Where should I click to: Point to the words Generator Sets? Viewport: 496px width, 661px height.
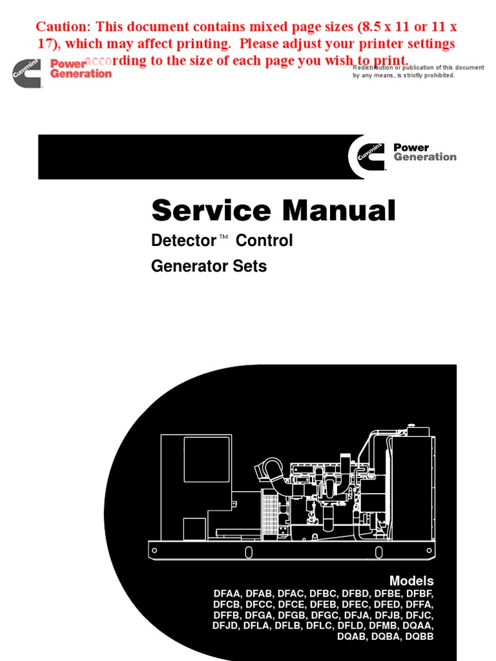[209, 266]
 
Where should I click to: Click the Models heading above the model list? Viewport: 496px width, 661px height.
[411, 581]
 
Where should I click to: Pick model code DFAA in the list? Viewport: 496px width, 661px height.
[227, 594]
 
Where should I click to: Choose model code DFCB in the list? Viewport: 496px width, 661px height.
[227, 605]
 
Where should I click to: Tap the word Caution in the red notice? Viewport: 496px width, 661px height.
[61, 27]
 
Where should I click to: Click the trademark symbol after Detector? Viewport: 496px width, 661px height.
[224, 238]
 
